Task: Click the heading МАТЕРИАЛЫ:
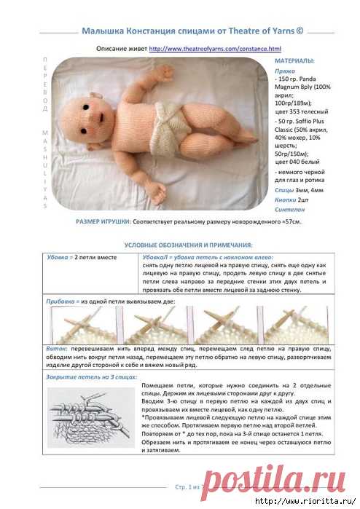(294, 61)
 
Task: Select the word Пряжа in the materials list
(285, 71)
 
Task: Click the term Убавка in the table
(58, 258)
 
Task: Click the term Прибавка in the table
(63, 299)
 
